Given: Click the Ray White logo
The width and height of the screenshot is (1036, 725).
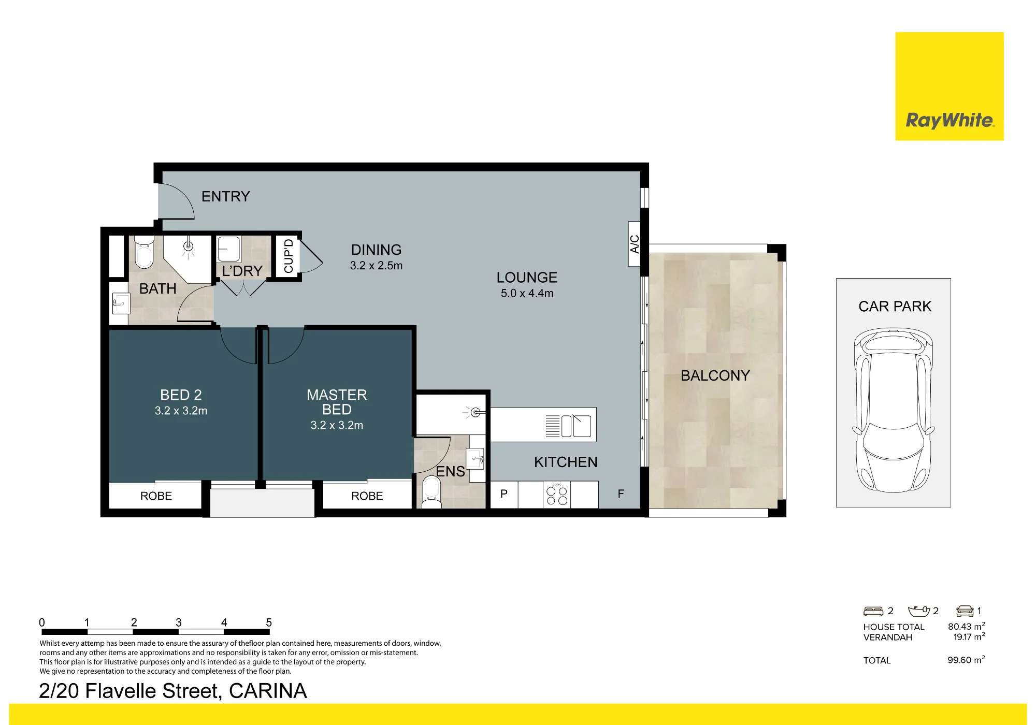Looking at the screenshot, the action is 949,86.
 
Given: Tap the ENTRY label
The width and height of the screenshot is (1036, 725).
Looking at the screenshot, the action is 225,197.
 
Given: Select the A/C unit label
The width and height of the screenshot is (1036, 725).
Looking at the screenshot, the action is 635,244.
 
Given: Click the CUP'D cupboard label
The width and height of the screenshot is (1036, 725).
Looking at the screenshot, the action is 289,256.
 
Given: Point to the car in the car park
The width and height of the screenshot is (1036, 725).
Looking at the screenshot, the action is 894,410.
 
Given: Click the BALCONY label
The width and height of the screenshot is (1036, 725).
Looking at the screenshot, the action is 715,375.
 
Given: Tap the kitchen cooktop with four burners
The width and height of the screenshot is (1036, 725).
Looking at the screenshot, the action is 557,495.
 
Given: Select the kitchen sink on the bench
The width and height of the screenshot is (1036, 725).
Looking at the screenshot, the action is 576,426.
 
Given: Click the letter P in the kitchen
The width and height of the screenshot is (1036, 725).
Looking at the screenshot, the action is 503,494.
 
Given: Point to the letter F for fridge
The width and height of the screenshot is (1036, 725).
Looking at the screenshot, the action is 621,494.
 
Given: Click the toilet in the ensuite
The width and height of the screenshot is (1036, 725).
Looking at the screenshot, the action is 431,492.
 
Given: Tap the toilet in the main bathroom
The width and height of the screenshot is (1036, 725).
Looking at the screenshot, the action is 144,252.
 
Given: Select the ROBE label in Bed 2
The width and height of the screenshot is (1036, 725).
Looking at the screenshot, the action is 156,496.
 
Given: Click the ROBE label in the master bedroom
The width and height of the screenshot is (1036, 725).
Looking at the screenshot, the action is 367,496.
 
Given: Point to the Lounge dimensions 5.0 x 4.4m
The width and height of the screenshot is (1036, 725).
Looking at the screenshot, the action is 527,294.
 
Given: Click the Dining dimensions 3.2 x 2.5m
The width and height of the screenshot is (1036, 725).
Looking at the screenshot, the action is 376,266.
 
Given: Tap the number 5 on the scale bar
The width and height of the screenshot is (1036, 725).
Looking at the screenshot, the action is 269,622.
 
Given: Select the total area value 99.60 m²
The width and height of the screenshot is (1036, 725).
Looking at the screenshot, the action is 966,660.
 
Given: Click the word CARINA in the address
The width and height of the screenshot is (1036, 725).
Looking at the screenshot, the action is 268,691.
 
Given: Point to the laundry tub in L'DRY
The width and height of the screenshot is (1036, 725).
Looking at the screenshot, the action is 228,249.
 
